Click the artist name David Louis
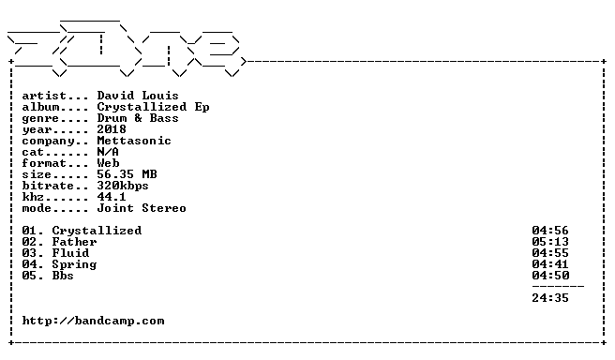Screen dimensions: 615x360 coord(138,96)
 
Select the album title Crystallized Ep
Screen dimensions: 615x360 coord(153,107)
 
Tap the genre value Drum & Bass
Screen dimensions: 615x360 coord(138,118)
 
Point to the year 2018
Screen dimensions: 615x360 coord(112,129)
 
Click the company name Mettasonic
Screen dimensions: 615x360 coord(134,141)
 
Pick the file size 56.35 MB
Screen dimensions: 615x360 coord(127,174)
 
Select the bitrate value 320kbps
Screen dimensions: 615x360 coord(123,186)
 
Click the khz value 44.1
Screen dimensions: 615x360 coord(112,197)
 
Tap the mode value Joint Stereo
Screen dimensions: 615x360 coord(142,208)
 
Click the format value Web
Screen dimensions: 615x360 coord(108,163)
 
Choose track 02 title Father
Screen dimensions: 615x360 coord(74,242)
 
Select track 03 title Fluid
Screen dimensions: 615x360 coord(70,253)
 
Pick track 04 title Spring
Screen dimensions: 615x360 coord(74,264)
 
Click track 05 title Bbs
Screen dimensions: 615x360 coord(63,276)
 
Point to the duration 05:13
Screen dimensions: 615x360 coord(550,242)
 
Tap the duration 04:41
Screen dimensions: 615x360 coord(550,264)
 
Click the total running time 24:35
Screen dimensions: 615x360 coord(550,298)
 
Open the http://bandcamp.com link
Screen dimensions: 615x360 coord(94,321)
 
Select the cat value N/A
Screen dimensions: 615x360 coord(108,152)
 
